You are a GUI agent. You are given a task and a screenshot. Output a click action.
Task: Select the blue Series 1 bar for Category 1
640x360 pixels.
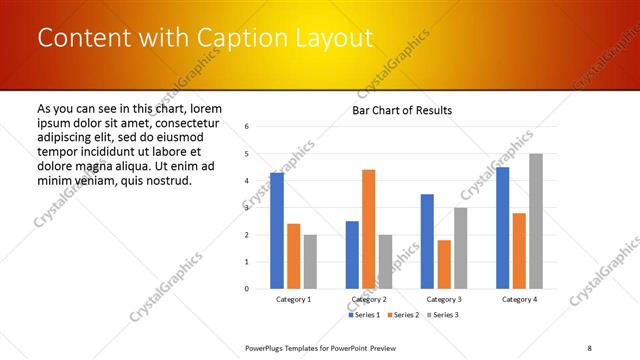[x=277, y=230]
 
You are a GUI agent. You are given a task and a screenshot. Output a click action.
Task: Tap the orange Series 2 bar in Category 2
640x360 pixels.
[x=368, y=229]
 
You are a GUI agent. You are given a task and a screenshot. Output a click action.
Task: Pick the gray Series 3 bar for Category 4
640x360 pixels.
[x=536, y=221]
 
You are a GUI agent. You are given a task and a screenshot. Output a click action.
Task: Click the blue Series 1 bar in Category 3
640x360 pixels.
[x=427, y=241]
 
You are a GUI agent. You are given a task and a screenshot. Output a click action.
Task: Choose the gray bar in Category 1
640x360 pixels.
[x=310, y=261]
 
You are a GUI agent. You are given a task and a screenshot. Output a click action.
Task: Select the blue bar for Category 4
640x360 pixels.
[x=502, y=227]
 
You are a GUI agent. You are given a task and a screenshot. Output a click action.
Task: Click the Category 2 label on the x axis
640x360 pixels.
[x=368, y=299]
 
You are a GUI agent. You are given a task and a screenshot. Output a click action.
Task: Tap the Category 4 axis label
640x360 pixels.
[x=519, y=299]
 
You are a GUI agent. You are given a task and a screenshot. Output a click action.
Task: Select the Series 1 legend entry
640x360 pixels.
[x=364, y=315]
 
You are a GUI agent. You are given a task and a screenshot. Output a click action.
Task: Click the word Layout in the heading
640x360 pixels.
[x=330, y=38]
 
